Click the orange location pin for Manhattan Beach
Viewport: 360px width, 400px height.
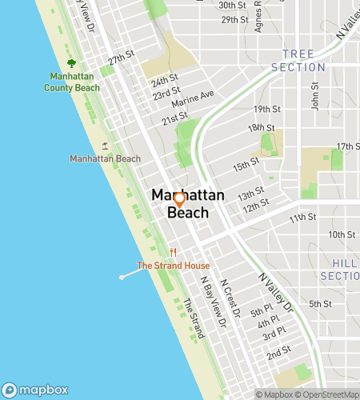click(180, 200)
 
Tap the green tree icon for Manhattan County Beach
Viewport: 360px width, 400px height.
click(72, 63)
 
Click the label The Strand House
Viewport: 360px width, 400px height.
click(174, 266)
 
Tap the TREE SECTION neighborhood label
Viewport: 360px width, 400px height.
click(298, 61)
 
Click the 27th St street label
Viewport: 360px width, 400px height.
click(121, 60)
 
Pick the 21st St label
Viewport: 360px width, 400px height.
click(174, 118)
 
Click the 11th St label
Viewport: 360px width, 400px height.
click(303, 217)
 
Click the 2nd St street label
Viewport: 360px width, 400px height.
click(278, 352)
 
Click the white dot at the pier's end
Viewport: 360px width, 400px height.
click(122, 277)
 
